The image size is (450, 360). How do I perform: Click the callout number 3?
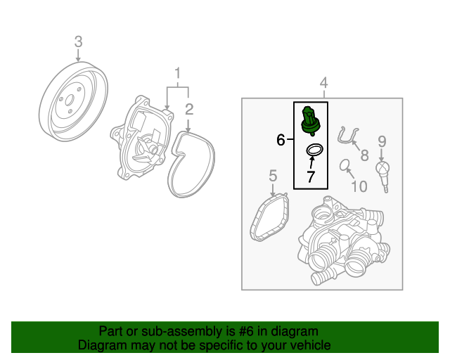[78, 41]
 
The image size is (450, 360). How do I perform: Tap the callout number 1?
[178, 73]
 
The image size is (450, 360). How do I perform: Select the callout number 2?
[189, 110]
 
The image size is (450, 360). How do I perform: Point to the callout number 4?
[323, 83]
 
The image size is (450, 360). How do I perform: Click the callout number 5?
[273, 175]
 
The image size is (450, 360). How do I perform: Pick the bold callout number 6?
[281, 140]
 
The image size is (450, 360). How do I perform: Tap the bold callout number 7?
[311, 176]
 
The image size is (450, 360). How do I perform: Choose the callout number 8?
[364, 155]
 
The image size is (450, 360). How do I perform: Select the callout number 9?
[382, 141]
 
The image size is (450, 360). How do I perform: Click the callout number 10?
[359, 186]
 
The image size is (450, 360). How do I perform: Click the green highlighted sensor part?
[310, 121]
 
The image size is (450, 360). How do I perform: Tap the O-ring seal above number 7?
[314, 150]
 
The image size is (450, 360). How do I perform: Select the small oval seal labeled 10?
[345, 165]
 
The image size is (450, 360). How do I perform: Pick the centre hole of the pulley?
[70, 101]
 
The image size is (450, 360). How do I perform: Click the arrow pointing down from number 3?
[78, 55]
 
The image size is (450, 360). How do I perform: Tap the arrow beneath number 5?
[273, 190]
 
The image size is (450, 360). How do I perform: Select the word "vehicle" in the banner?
[313, 345]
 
